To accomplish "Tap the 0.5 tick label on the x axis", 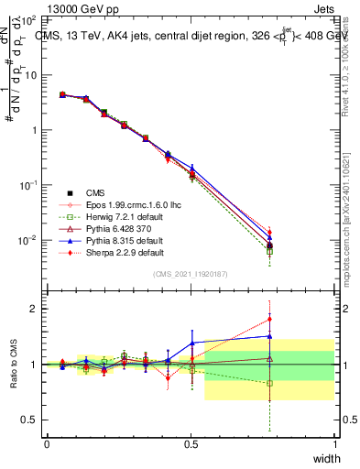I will point(191,443).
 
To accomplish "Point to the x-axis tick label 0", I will point(47,443).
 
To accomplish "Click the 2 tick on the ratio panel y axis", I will point(33,309).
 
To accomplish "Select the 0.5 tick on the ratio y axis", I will point(29,420).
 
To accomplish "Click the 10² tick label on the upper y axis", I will point(28,19).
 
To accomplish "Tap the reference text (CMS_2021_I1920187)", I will point(191,274).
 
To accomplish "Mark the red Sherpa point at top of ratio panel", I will point(268,320).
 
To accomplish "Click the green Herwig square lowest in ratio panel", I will point(268,384).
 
